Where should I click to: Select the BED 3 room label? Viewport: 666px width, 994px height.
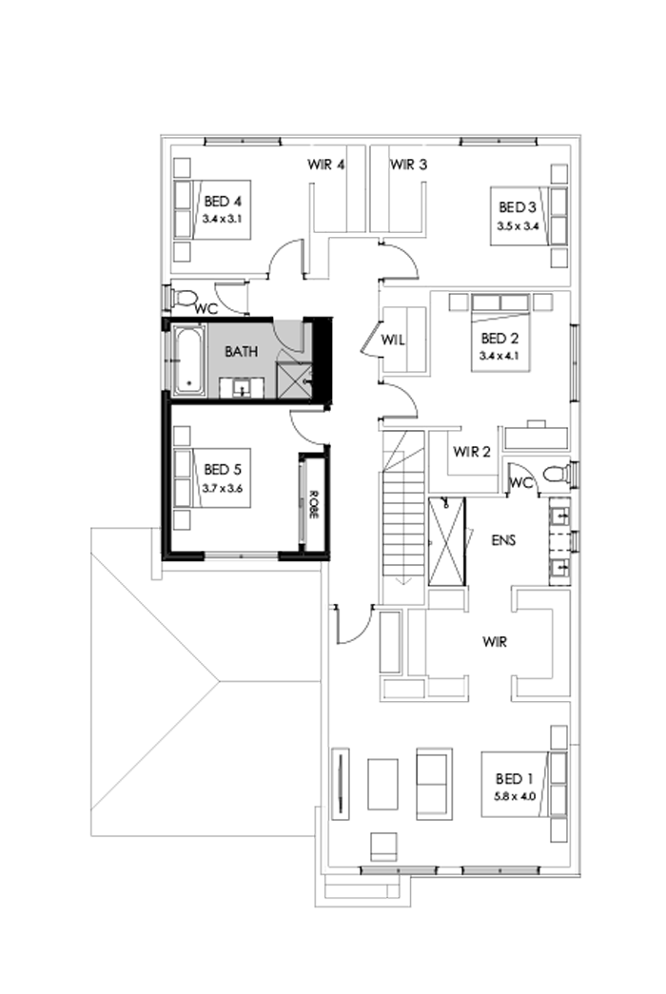click(519, 207)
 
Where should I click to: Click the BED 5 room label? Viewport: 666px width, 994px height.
click(224, 470)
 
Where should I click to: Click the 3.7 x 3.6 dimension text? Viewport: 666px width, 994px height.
click(224, 488)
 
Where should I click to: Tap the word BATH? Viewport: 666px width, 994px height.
click(241, 352)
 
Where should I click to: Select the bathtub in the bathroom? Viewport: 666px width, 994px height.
click(187, 360)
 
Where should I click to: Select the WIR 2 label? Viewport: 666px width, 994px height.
click(472, 452)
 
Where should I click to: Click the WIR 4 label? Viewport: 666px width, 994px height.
click(325, 165)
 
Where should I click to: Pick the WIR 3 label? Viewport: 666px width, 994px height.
click(408, 165)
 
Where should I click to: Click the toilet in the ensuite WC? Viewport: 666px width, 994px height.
click(554, 473)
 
